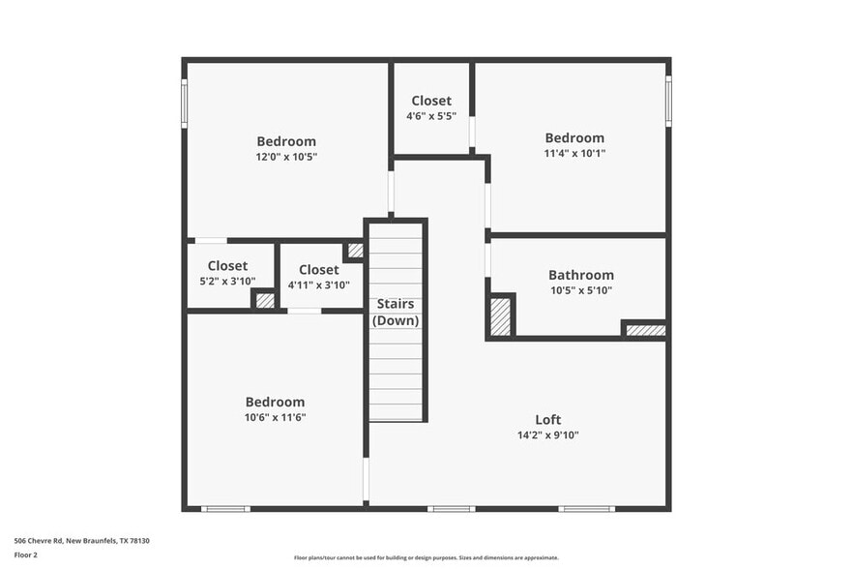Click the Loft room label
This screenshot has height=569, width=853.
tap(547, 419)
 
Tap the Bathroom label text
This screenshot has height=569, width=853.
tap(580, 275)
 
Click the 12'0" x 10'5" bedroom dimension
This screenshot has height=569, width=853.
tap(286, 157)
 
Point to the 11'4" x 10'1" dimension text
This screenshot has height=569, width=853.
tap(574, 153)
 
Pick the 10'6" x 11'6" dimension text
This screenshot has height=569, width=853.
tap(275, 417)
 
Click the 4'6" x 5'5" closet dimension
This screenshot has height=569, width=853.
tap(430, 116)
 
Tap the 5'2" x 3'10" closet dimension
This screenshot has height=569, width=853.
tap(227, 282)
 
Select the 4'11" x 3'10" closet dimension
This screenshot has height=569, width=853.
tap(319, 285)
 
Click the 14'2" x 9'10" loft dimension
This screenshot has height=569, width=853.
tap(547, 434)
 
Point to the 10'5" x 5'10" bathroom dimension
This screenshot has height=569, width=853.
tap(581, 290)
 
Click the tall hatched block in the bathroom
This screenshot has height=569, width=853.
tap(500, 316)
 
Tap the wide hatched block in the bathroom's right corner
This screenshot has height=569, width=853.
tap(645, 330)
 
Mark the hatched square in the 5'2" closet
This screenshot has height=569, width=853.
tap(265, 300)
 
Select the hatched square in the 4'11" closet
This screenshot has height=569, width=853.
tap(355, 250)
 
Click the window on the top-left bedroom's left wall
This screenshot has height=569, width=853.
tap(184, 103)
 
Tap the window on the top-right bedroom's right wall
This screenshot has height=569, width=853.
tap(667, 101)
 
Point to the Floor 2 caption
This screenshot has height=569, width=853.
tap(25, 555)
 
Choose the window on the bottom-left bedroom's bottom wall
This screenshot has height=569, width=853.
tap(224, 508)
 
